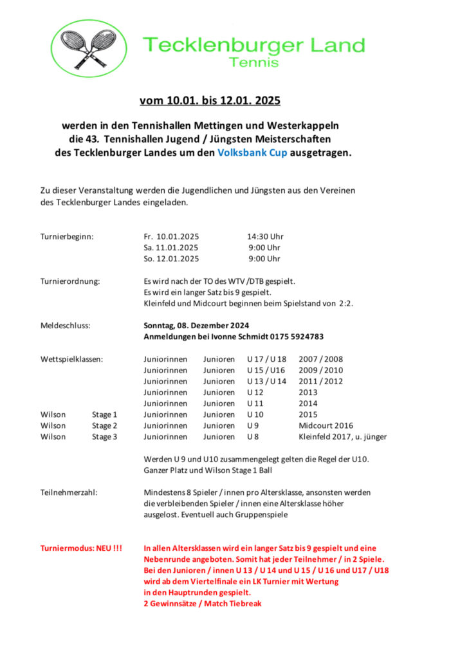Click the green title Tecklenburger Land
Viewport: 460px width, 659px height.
(x=253, y=46)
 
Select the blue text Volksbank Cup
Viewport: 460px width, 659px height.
(x=252, y=154)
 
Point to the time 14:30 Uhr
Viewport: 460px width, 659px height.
(x=265, y=236)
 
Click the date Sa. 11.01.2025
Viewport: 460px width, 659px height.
(x=171, y=247)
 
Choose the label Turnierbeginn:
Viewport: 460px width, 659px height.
(x=67, y=236)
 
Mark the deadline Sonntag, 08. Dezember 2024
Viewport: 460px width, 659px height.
(x=196, y=325)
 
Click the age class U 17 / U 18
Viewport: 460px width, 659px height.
(x=266, y=359)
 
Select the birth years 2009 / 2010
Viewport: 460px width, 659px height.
(x=321, y=370)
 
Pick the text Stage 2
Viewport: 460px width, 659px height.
(x=104, y=425)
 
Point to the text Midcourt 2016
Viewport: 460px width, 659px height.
(x=326, y=425)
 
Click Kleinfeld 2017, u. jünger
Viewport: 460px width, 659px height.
(x=342, y=436)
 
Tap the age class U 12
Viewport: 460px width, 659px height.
(x=255, y=392)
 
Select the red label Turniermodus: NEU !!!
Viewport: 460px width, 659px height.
(x=81, y=548)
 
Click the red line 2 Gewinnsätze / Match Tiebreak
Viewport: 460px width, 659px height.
(x=202, y=604)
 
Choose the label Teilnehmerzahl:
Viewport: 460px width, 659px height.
(x=69, y=492)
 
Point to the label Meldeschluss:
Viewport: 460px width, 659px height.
(x=65, y=325)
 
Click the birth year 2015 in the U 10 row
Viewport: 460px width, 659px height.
(x=308, y=414)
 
